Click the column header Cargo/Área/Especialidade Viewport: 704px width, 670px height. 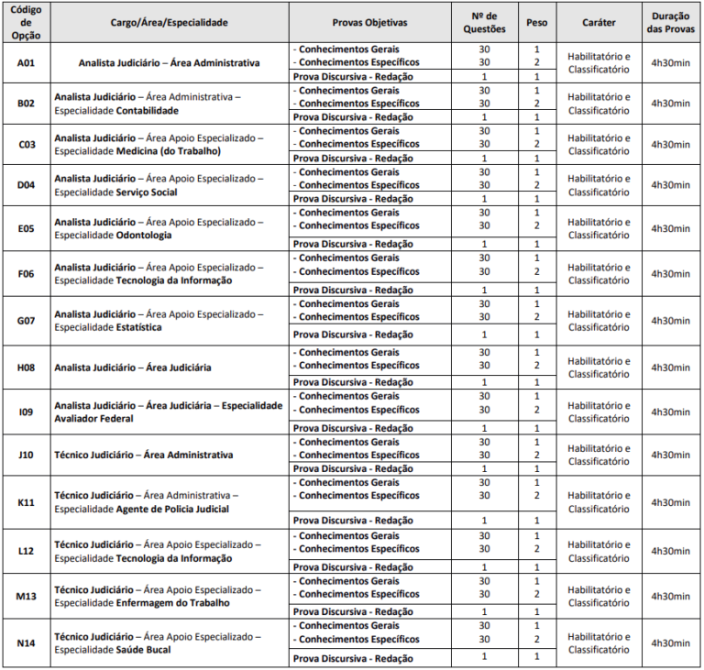tap(170, 20)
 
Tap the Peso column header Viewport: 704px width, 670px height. tap(536, 20)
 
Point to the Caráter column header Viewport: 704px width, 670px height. tap(599, 20)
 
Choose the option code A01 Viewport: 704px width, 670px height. tap(26, 62)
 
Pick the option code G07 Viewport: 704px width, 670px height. tap(26, 321)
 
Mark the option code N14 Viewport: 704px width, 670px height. tap(26, 643)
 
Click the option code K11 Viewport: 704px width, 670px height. tap(26, 502)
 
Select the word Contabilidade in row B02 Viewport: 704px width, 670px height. tap(148, 110)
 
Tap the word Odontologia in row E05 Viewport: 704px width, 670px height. tap(144, 235)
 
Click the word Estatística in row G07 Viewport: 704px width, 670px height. tap(139, 327)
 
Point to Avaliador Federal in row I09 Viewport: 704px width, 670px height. tap(93, 419)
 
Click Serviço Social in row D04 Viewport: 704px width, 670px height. tap(148, 192)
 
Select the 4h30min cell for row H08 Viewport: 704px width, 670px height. tap(671, 367)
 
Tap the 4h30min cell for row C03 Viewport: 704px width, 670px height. tap(671, 144)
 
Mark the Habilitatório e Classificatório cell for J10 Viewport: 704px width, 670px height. tap(599, 455)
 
